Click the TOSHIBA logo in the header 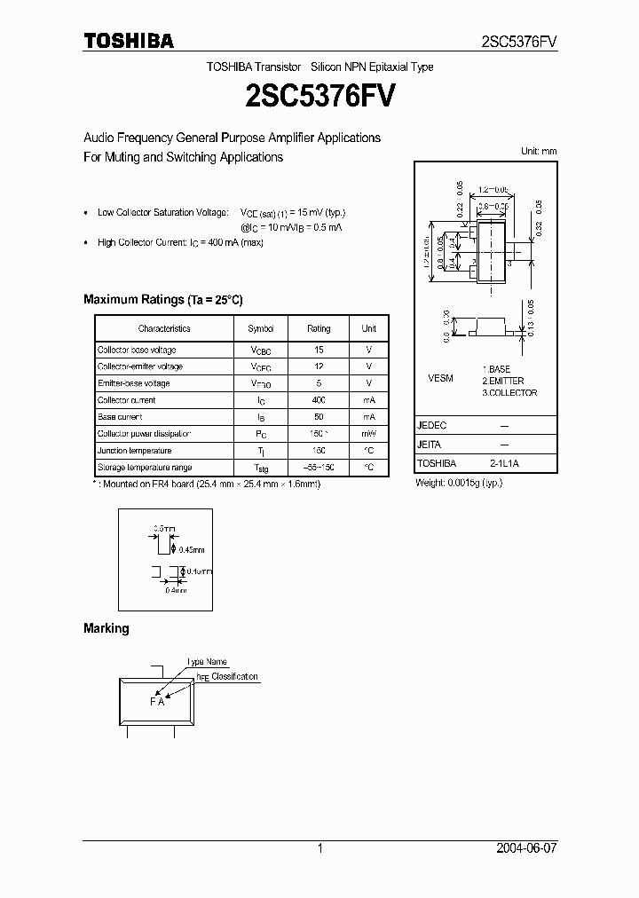[x=129, y=40]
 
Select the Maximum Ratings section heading [x=162, y=300]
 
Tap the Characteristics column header [x=163, y=328]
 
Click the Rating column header [x=319, y=328]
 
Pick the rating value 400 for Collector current [x=319, y=400]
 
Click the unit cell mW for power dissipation [x=368, y=434]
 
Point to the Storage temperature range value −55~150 [x=319, y=467]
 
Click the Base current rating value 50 [x=319, y=417]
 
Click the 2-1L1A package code [x=503, y=463]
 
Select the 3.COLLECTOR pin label [x=509, y=392]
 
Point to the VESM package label [x=440, y=378]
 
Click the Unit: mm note [x=538, y=151]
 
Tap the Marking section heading [x=106, y=628]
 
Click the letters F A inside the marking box [x=157, y=702]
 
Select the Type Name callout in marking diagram [x=207, y=662]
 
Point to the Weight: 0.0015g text [x=459, y=484]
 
